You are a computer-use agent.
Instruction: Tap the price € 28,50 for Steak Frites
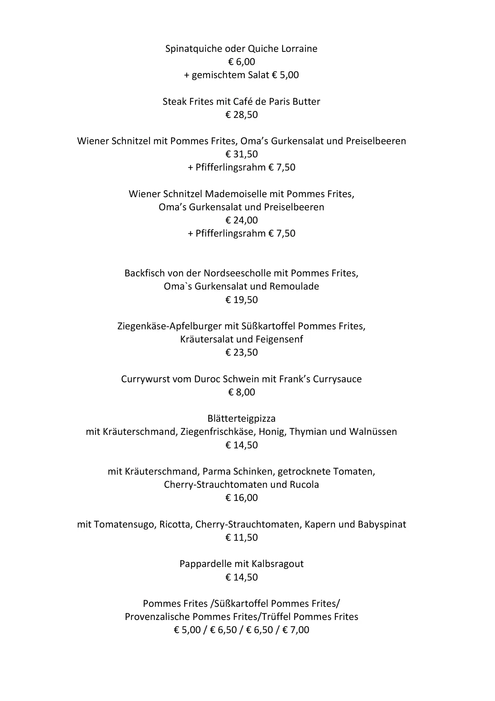[241, 115]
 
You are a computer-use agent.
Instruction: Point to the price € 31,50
[241, 154]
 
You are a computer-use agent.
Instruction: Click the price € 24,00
[241, 221]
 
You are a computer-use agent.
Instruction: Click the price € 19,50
[241, 300]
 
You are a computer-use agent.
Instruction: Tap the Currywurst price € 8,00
[241, 392]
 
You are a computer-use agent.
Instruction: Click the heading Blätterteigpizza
[241, 418]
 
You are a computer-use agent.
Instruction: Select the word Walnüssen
[373, 432]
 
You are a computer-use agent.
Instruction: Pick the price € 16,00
[241, 498]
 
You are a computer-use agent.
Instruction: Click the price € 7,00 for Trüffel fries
[296, 630]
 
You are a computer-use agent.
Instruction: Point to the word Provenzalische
[157, 617]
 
